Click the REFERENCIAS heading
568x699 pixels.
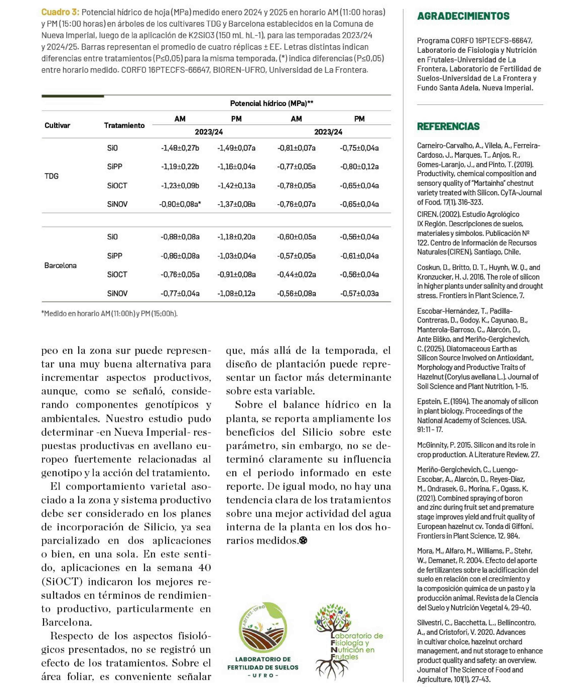point(448,126)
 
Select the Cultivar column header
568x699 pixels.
point(57,125)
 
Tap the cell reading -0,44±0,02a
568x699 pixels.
point(296,274)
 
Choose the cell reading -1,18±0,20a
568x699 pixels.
point(236,237)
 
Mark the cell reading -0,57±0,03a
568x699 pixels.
point(359,293)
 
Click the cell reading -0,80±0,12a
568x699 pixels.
point(359,167)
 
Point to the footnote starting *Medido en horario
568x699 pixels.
point(109,313)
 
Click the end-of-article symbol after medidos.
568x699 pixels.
point(303,540)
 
